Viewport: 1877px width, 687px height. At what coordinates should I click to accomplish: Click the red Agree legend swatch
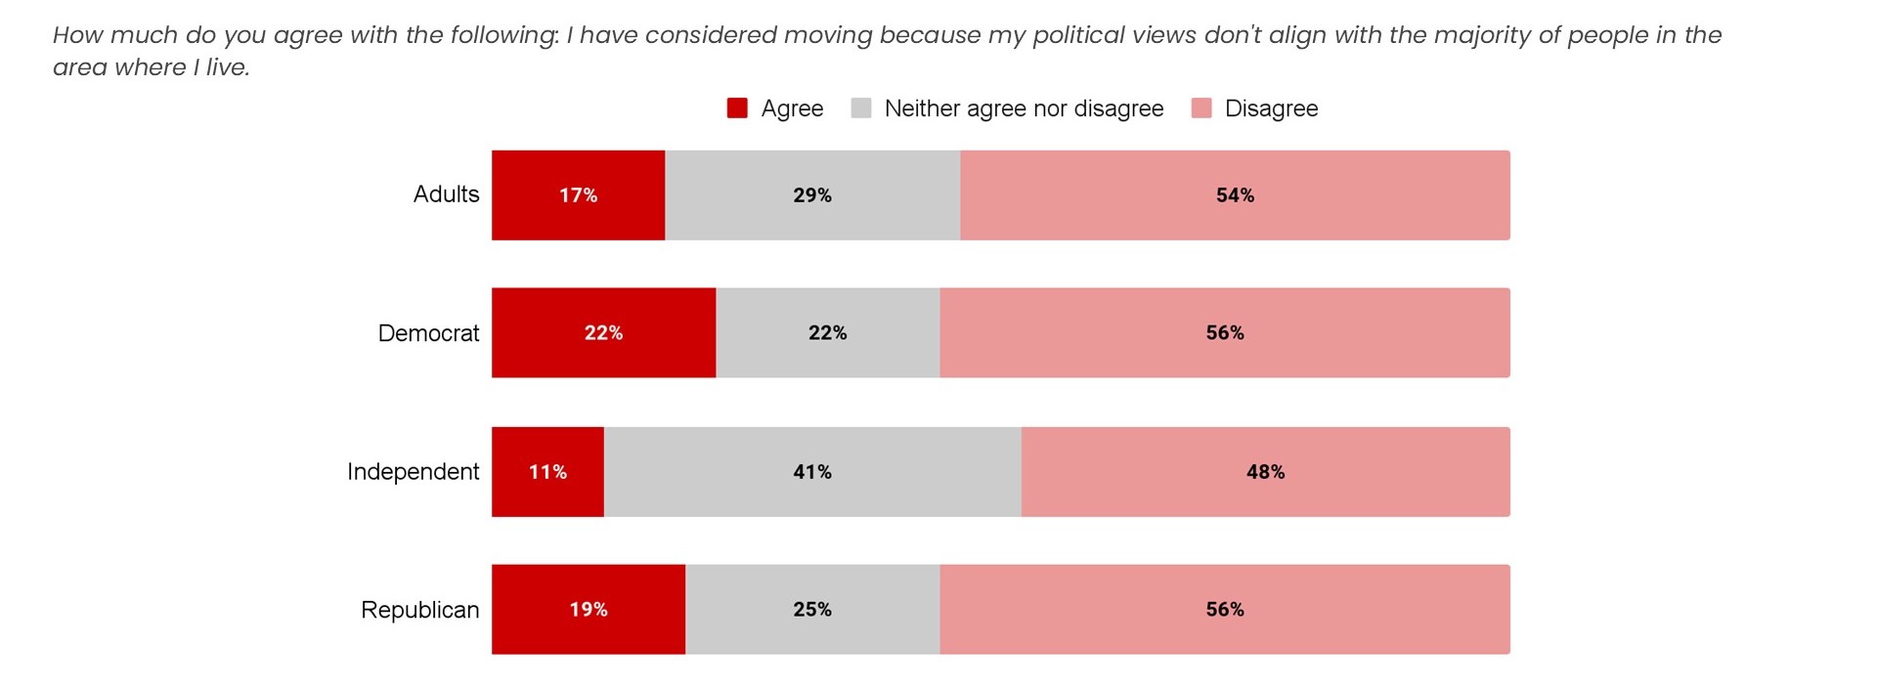tap(737, 108)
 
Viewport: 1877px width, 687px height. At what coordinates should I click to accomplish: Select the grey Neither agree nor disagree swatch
tap(861, 108)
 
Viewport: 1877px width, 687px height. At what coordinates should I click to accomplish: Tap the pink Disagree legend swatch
tap(1201, 108)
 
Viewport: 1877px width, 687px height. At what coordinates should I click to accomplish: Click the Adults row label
tap(446, 194)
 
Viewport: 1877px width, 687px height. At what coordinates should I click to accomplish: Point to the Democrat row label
tap(428, 333)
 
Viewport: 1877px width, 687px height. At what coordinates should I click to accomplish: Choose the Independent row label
tap(413, 472)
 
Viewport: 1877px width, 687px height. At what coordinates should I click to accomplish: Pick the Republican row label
tap(419, 610)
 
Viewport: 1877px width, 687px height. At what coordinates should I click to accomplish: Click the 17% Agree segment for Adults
tap(578, 195)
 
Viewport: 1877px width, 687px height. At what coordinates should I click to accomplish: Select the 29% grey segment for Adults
tap(812, 195)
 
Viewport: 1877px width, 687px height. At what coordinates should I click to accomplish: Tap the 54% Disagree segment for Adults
tap(1235, 195)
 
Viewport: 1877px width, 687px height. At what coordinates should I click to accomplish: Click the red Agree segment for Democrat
tap(603, 333)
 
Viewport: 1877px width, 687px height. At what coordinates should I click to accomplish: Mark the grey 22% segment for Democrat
tap(827, 333)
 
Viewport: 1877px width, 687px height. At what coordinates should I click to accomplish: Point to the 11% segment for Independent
tap(547, 472)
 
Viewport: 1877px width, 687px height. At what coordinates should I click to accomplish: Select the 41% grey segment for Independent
tap(812, 472)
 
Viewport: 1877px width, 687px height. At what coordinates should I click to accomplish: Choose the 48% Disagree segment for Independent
tap(1265, 472)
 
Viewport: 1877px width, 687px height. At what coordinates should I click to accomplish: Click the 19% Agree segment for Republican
tap(588, 610)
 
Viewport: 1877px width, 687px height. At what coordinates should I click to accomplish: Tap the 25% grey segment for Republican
tap(812, 610)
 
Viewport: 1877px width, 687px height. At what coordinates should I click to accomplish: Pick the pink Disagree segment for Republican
tap(1225, 610)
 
